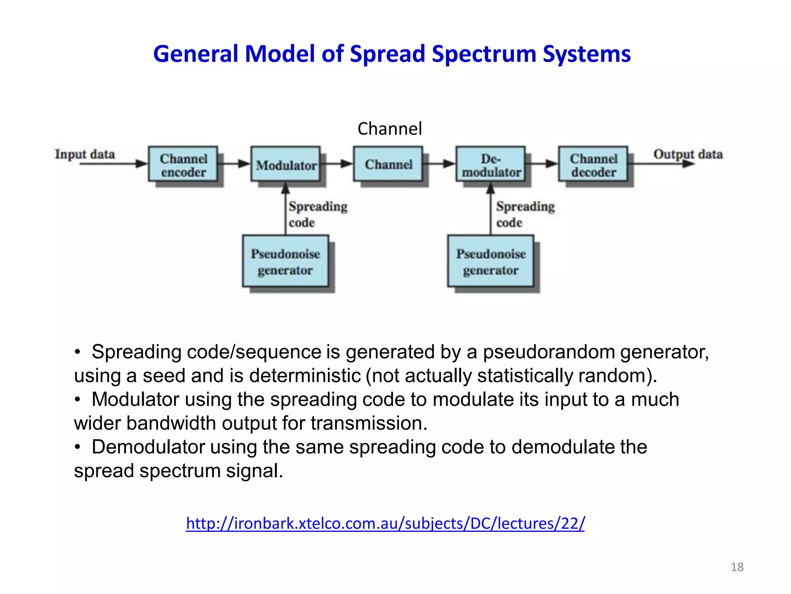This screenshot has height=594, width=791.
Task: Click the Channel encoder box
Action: [x=183, y=164]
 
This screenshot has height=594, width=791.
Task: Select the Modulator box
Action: [x=285, y=164]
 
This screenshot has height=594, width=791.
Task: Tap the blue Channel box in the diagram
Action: [x=388, y=164]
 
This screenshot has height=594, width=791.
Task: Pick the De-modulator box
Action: [x=491, y=164]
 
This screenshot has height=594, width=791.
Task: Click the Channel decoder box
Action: [x=593, y=164]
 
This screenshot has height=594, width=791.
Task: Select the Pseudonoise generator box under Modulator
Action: [x=285, y=261]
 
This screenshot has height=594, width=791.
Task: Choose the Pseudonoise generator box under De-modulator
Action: [x=491, y=261]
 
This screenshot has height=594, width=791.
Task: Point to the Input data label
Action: [x=85, y=154]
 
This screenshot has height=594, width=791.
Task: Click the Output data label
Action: [x=688, y=154]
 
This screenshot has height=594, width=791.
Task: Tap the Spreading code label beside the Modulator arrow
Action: [x=317, y=214]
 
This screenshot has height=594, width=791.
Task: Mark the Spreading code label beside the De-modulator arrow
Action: [x=525, y=214]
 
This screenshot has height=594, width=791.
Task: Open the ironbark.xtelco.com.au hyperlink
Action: [x=385, y=523]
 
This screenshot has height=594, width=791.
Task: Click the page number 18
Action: [x=737, y=567]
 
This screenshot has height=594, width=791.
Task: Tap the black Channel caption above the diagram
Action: [x=389, y=129]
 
